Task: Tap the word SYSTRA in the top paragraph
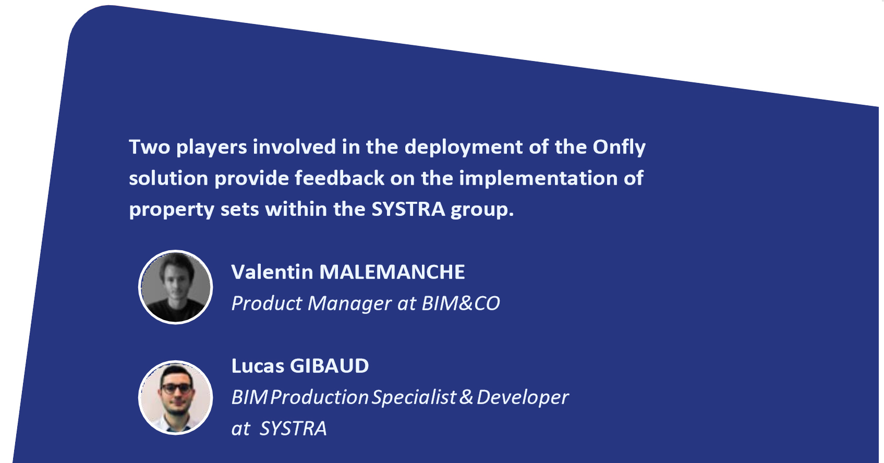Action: tap(408, 209)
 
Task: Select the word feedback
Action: tap(340, 178)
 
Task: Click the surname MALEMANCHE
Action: tap(392, 272)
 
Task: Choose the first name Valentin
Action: tap(272, 272)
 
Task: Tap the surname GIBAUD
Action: tap(329, 366)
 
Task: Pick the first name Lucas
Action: tap(258, 366)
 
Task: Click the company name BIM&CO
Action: tap(461, 303)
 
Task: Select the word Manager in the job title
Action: tap(349, 304)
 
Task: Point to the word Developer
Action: tap(523, 397)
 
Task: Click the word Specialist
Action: tap(415, 397)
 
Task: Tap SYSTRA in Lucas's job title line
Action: tap(293, 428)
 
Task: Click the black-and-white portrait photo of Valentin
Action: tap(176, 287)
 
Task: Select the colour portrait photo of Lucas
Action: tap(176, 397)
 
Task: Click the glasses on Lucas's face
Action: tap(176, 388)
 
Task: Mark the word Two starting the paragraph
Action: tap(150, 147)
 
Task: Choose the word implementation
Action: tap(538, 179)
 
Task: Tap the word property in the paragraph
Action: tap(172, 210)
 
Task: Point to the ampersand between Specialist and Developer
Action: tap(466, 397)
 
